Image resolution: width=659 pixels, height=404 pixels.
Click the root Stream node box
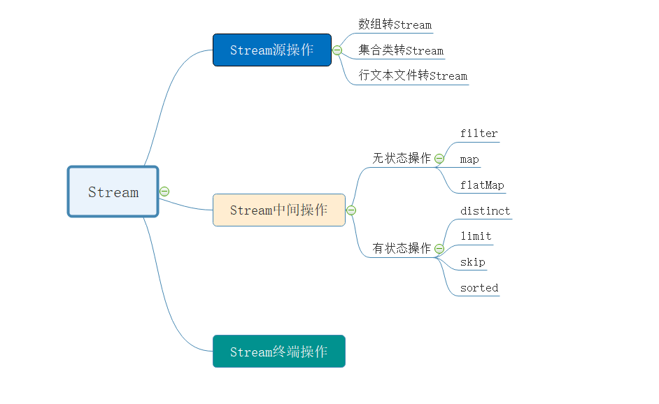113,192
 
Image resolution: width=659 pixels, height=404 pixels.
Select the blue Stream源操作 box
271,50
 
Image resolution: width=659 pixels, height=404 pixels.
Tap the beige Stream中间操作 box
278,210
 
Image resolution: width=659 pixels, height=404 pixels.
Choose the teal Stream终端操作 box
278,352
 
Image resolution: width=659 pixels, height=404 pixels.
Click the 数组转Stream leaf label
395,24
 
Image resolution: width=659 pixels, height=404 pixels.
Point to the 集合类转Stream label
401,50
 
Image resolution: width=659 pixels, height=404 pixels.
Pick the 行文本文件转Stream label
413,75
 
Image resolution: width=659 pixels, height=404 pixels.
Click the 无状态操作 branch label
402,159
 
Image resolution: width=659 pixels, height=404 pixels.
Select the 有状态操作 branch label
402,248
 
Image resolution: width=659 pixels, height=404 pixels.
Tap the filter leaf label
479,134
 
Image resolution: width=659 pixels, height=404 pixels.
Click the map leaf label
469,159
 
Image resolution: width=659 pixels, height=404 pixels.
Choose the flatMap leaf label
482,185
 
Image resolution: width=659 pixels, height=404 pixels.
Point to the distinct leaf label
486,211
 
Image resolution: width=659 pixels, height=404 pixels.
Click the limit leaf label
476,236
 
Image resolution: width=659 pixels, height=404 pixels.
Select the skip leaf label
473,262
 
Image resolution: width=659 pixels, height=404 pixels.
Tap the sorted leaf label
479,288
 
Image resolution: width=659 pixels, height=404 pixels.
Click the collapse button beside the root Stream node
164,192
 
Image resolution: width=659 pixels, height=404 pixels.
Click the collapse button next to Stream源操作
337,50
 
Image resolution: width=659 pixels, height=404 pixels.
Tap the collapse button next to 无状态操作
439,159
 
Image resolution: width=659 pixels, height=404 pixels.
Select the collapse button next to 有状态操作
439,248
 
